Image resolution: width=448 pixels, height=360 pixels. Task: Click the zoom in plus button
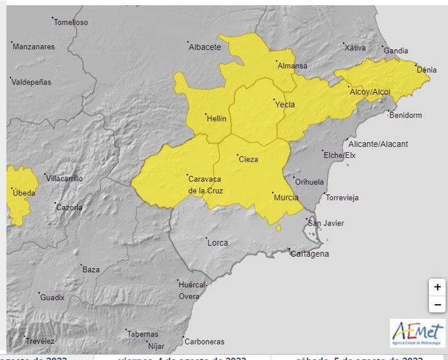pyautogui.click(x=438, y=287)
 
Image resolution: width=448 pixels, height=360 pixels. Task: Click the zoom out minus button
pyautogui.click(x=438, y=304)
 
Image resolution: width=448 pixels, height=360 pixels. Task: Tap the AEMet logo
pyautogui.click(x=417, y=333)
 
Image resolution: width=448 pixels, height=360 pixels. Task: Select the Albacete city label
pyautogui.click(x=205, y=47)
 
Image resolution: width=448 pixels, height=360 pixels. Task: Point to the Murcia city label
pyautogui.click(x=286, y=198)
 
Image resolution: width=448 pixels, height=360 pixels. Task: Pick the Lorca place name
pyautogui.click(x=218, y=243)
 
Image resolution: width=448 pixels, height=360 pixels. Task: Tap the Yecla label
pyautogui.click(x=284, y=105)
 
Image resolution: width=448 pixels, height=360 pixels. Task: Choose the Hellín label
pyautogui.click(x=216, y=119)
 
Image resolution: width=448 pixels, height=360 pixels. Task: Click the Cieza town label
pyautogui.click(x=248, y=159)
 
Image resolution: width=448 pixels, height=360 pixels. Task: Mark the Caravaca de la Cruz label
pyautogui.click(x=205, y=185)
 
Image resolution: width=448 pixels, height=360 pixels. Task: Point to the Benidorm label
pyautogui.click(x=406, y=116)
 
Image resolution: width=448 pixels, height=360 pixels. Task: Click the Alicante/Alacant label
pyautogui.click(x=378, y=144)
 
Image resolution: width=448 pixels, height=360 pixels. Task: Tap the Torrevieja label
pyautogui.click(x=345, y=198)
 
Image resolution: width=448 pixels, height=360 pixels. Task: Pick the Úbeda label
pyautogui.click(x=23, y=193)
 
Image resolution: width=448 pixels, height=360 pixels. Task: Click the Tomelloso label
pyautogui.click(x=71, y=23)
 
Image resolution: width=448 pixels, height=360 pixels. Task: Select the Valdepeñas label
pyautogui.click(x=33, y=82)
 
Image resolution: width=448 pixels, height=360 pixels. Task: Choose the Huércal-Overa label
pyautogui.click(x=193, y=290)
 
